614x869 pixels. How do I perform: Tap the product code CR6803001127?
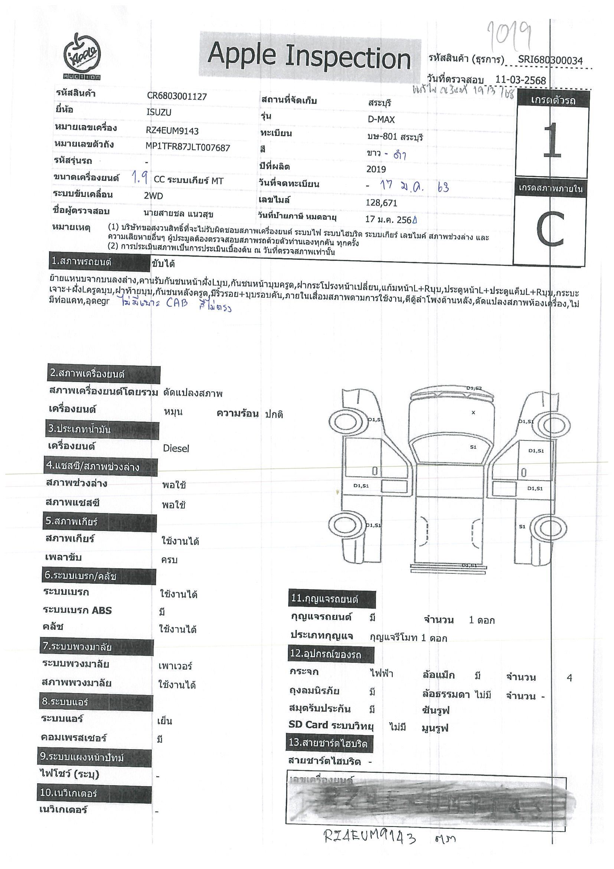point(177,97)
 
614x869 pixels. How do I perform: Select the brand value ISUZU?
point(159,113)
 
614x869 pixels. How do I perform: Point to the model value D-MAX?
point(381,120)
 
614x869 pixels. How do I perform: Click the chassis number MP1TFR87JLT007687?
point(187,147)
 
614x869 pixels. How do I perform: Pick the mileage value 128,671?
point(381,203)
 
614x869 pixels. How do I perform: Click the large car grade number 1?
point(552,141)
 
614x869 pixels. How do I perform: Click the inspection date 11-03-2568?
point(520,80)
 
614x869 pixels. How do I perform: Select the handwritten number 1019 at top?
point(509,36)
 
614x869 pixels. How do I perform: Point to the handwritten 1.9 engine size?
point(140,178)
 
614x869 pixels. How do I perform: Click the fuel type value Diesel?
point(176,449)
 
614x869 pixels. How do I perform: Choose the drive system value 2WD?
point(153,196)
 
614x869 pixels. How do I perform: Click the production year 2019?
point(376,169)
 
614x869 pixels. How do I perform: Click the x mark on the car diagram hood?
point(473,413)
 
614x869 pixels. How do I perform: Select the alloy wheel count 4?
point(569,678)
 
